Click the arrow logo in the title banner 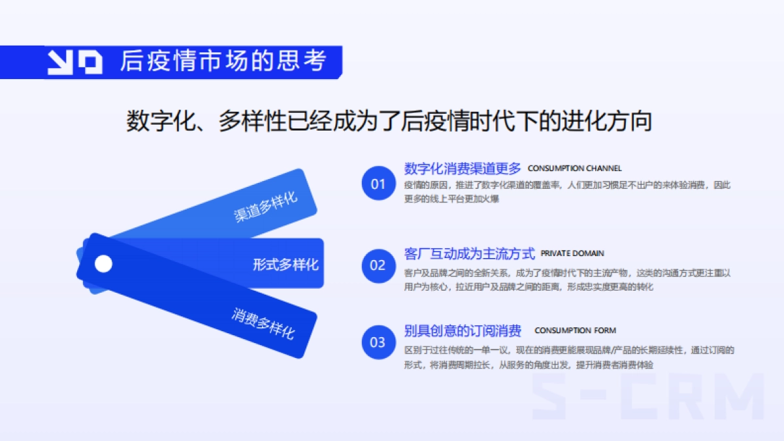click(x=74, y=62)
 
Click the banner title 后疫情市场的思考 click(x=223, y=61)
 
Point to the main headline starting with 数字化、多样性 click(x=389, y=122)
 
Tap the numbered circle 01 click(x=378, y=184)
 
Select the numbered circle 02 click(x=378, y=265)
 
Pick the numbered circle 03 click(x=378, y=342)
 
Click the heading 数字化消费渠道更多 click(x=463, y=169)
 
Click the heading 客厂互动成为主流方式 click(x=469, y=253)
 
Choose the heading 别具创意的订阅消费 click(x=463, y=331)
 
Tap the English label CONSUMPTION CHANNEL click(x=574, y=169)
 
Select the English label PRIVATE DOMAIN click(x=572, y=253)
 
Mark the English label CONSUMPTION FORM click(x=575, y=331)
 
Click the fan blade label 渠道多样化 click(x=266, y=206)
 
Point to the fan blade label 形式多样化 click(x=286, y=265)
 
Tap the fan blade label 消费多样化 click(x=263, y=322)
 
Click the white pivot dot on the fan click(x=103, y=264)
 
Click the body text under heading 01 click(x=566, y=192)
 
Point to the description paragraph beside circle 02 click(x=566, y=280)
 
